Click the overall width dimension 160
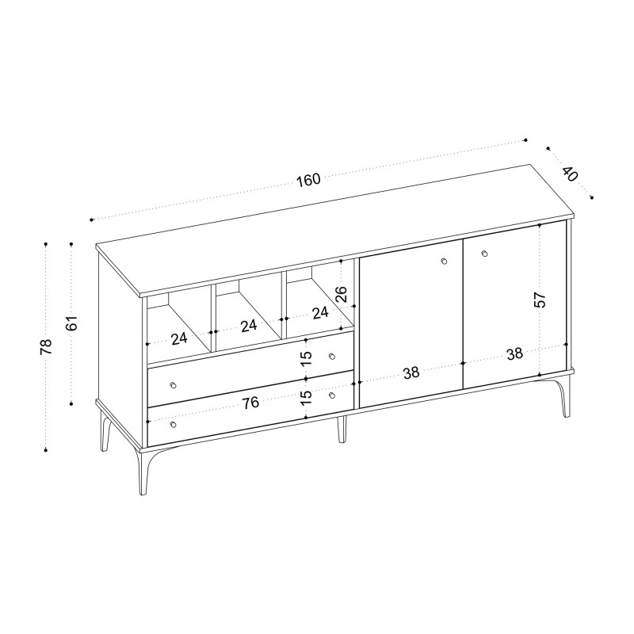pos(309,180)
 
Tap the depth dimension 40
pos(570,174)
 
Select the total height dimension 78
pos(46,346)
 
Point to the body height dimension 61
pos(71,323)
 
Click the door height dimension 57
pos(540,300)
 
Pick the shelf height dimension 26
pos(342,294)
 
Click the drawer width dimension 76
pos(250,403)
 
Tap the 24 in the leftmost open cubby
pos(179,339)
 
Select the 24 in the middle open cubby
pos(249,326)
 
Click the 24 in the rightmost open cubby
pos(320,312)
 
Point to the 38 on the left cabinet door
pos(411,372)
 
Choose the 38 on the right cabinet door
pos(514,354)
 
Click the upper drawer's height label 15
pos(307,358)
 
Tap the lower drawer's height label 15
pos(307,398)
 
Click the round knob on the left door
pos(444,261)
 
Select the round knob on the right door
pos(485,254)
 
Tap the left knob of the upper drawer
pos(174,385)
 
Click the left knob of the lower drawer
pos(174,424)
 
